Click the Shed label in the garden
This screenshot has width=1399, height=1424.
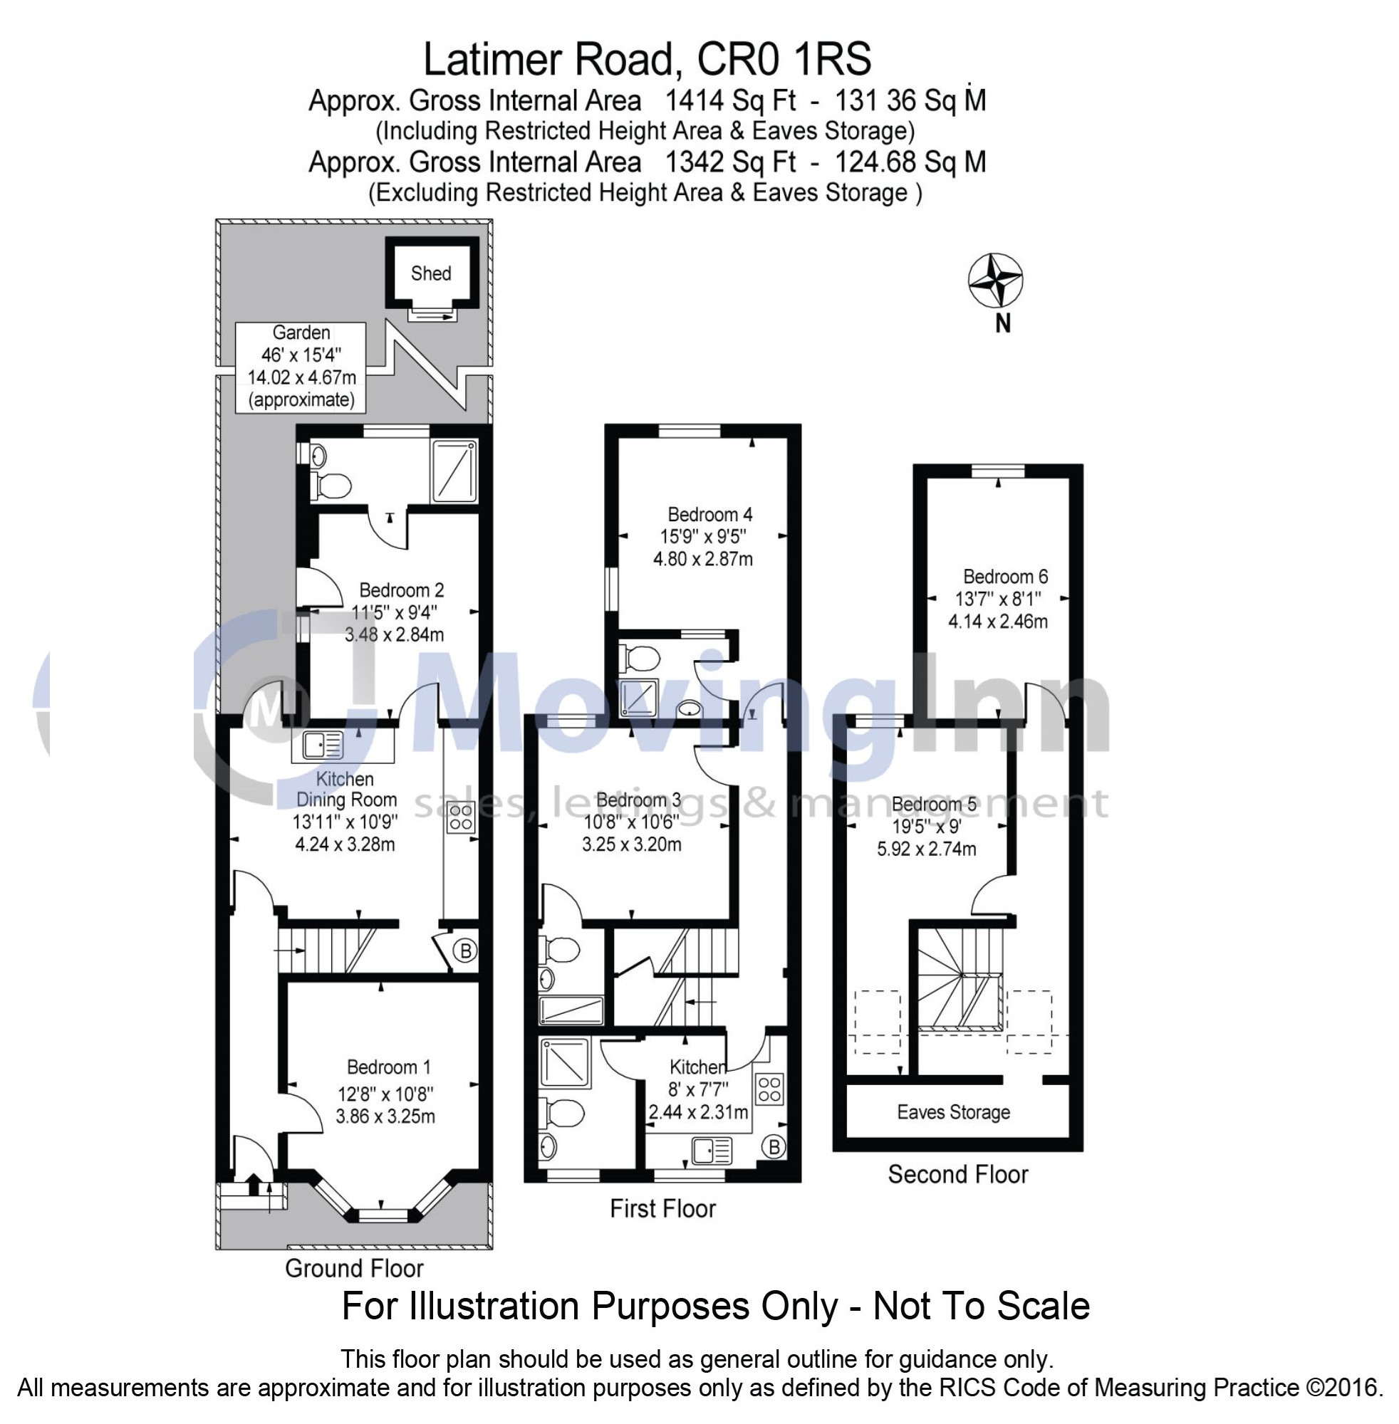pos(430,273)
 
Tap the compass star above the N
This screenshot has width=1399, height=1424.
pos(996,281)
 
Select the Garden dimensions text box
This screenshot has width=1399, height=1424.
pos(301,367)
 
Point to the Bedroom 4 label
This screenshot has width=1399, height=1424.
pos(709,514)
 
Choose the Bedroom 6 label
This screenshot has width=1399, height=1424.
pos(1005,577)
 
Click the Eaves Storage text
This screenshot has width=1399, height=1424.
pos(953,1113)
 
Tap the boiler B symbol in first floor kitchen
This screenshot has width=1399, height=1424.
pos(773,1146)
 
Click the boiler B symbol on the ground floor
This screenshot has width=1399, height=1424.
pos(464,951)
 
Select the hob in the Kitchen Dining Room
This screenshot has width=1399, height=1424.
pos(462,817)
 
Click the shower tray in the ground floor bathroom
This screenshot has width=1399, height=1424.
pos(455,471)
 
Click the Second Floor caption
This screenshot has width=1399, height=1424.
pos(957,1174)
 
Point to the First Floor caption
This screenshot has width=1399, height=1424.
pos(662,1209)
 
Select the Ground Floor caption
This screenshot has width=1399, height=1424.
pos(354,1268)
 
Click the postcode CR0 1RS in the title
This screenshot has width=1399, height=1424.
pos(784,59)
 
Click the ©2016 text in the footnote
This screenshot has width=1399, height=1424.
pos(1344,1387)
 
